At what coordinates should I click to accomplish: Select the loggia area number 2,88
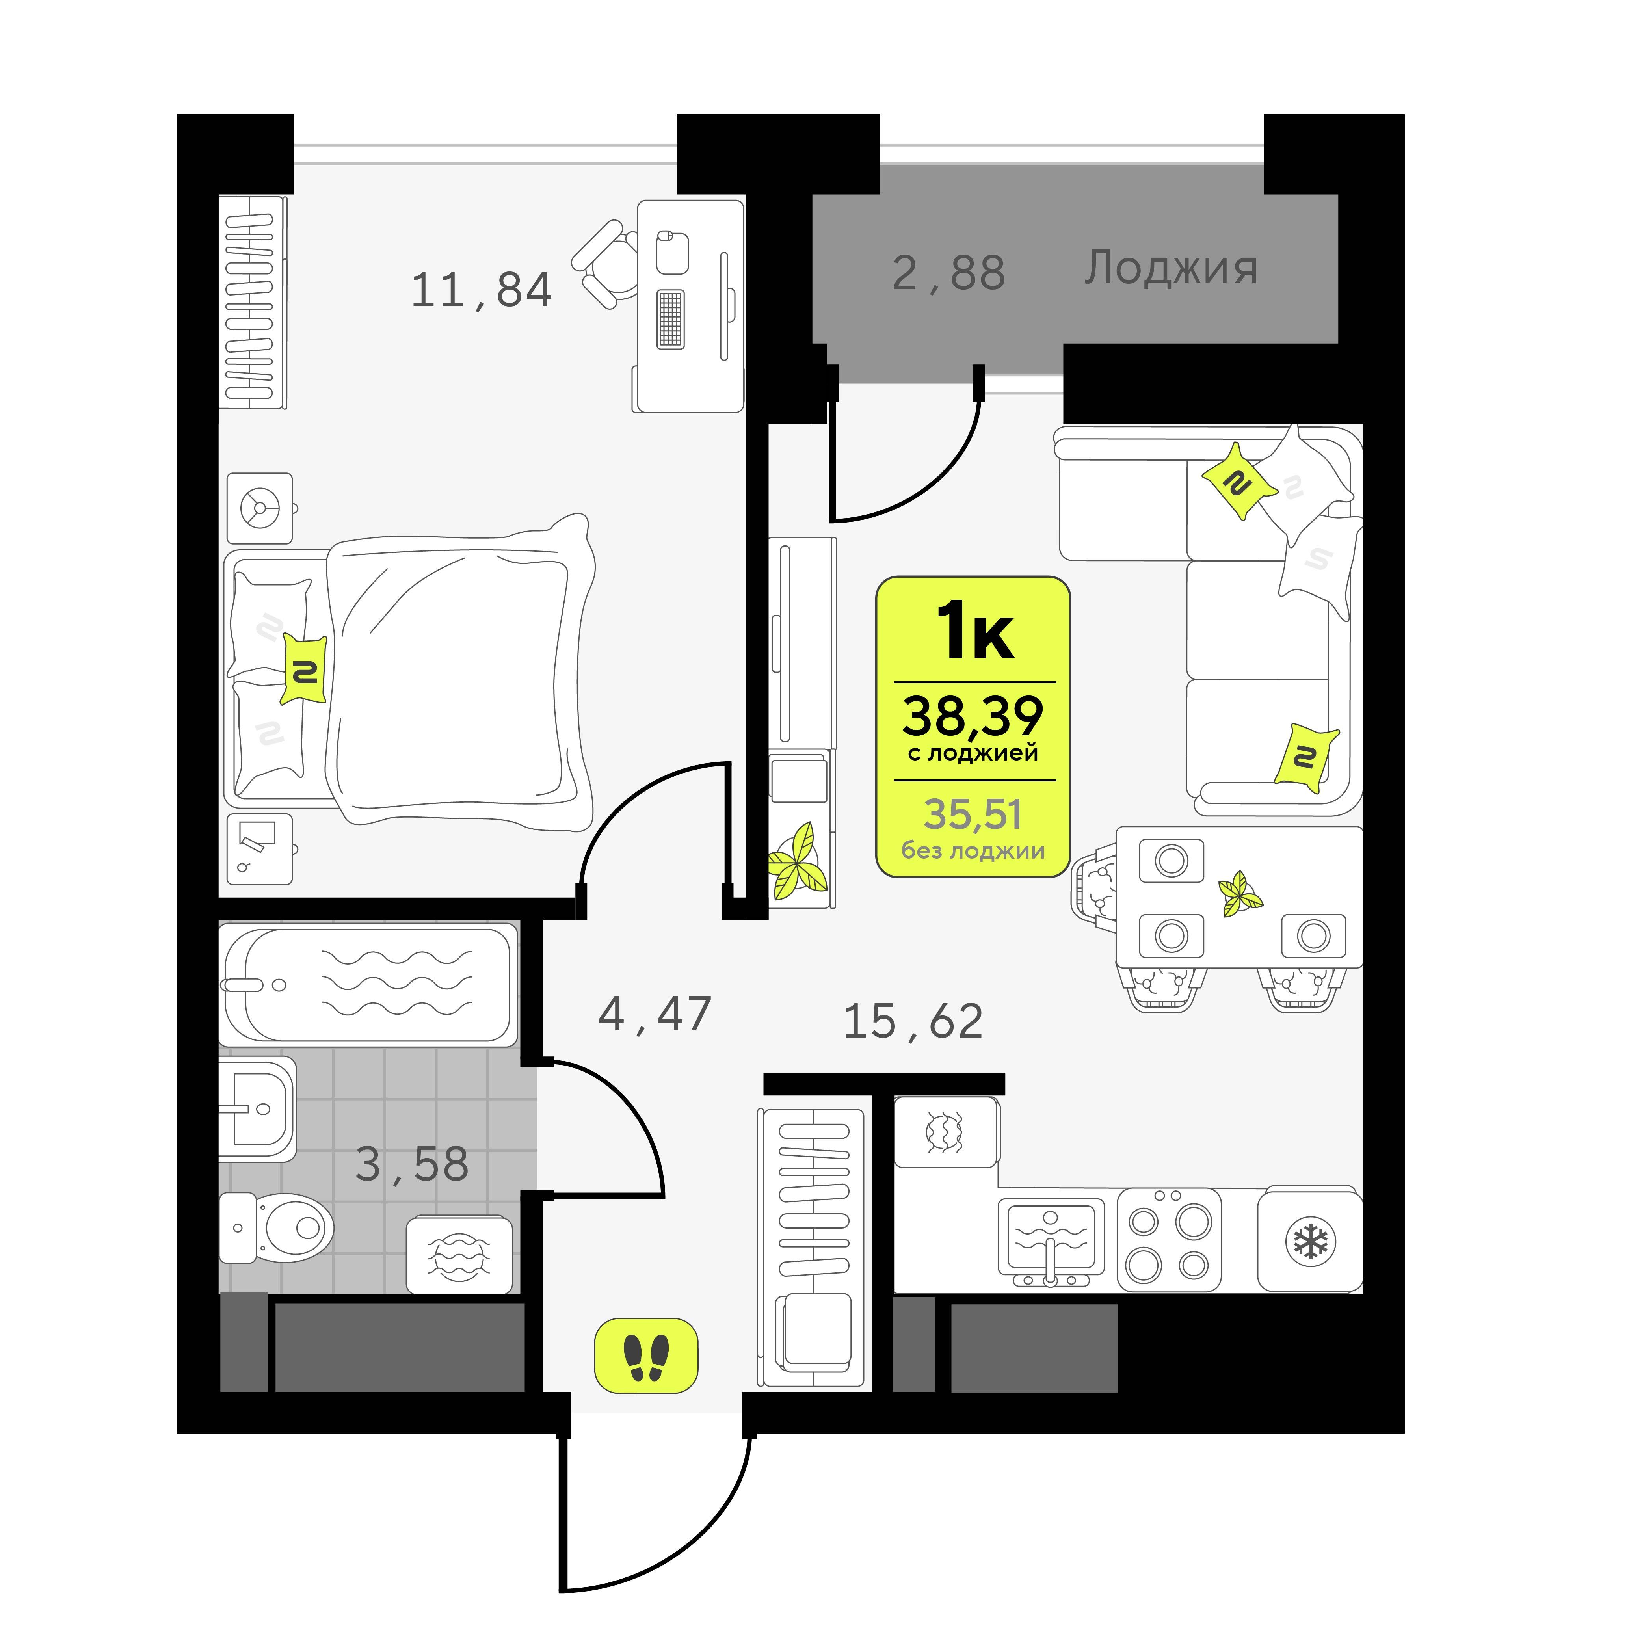coord(948,273)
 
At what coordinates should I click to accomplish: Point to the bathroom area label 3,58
coord(412,1164)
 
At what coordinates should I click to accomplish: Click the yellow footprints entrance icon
coord(646,1356)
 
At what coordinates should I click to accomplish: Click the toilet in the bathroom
coord(276,1228)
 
